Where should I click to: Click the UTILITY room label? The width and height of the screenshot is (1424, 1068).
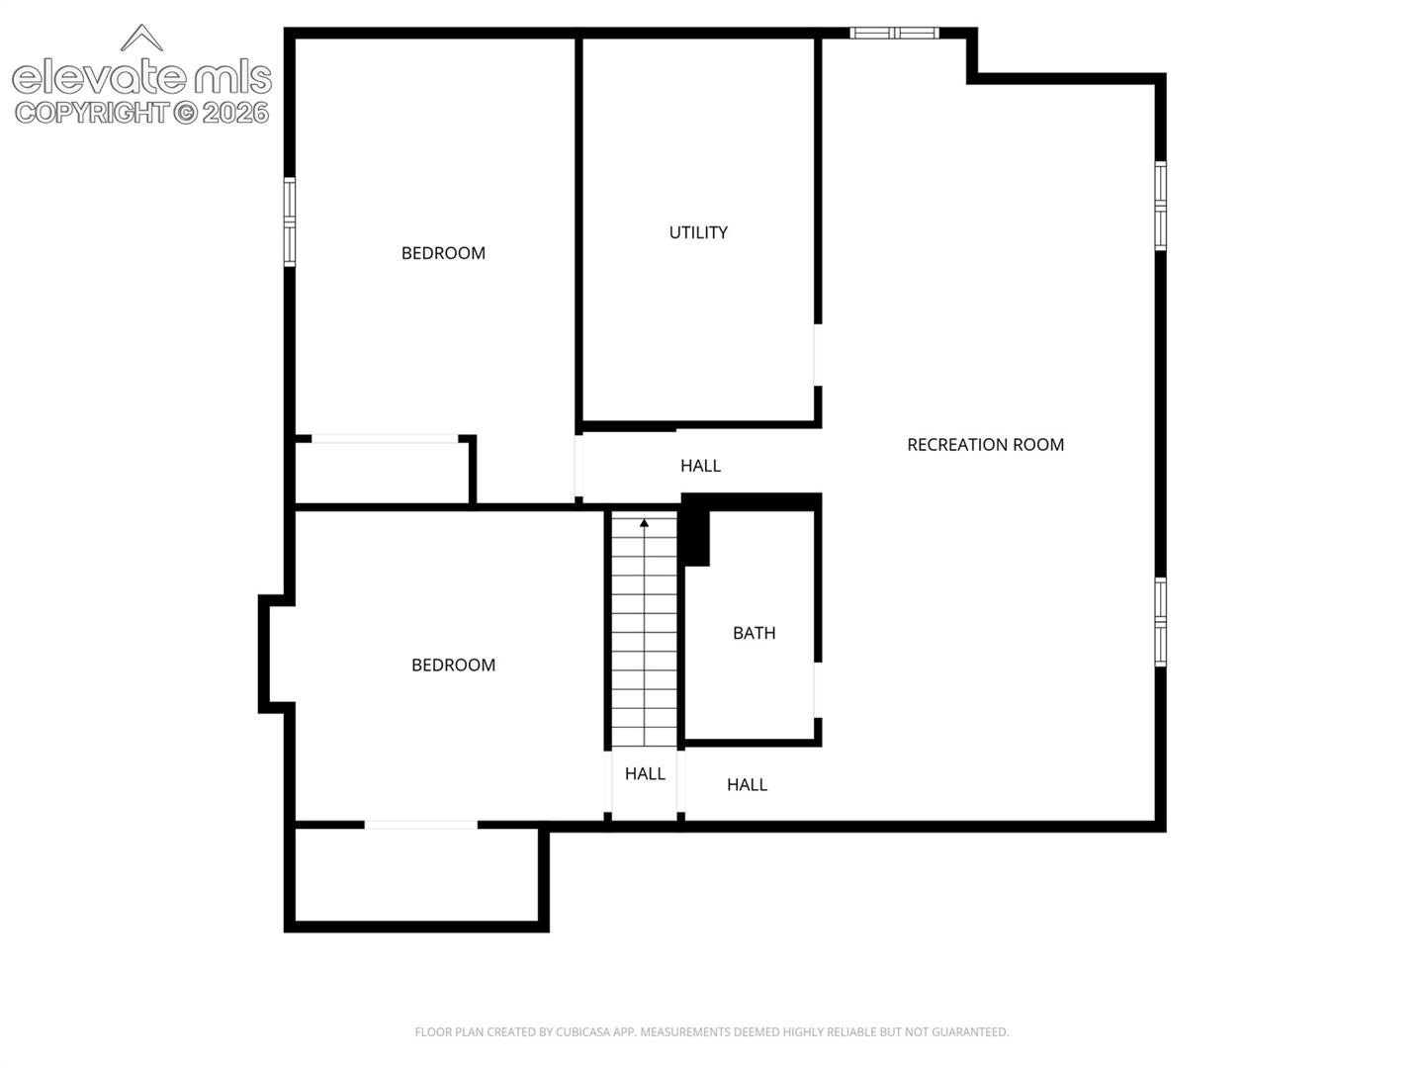click(x=698, y=232)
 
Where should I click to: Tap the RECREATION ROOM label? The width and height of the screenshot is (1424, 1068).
click(x=985, y=445)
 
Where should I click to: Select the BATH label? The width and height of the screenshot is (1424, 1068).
click(x=754, y=633)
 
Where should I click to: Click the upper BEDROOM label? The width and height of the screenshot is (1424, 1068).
click(x=443, y=253)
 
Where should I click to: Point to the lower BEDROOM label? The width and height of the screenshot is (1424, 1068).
click(x=454, y=665)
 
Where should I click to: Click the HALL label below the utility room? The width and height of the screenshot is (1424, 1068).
click(x=701, y=466)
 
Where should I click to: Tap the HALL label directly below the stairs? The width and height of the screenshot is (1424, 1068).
click(x=645, y=773)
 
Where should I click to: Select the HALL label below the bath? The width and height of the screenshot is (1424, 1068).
click(x=747, y=784)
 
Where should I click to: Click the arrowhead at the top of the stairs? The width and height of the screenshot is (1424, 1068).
click(x=644, y=523)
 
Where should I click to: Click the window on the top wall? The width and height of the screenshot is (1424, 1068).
click(x=894, y=33)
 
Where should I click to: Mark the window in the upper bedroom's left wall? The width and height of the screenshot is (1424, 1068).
click(x=290, y=222)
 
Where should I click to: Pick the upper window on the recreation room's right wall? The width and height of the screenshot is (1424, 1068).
click(x=1161, y=206)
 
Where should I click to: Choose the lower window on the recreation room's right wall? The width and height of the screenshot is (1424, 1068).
click(x=1161, y=622)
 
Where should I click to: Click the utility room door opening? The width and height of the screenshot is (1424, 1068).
click(x=818, y=355)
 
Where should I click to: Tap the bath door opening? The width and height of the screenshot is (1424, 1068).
click(x=818, y=690)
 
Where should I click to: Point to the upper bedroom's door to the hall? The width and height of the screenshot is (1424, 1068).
click(x=578, y=466)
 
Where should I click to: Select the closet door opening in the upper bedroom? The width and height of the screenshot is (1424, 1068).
click(x=385, y=439)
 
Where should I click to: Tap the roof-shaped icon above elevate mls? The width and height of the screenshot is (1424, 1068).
click(x=141, y=38)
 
